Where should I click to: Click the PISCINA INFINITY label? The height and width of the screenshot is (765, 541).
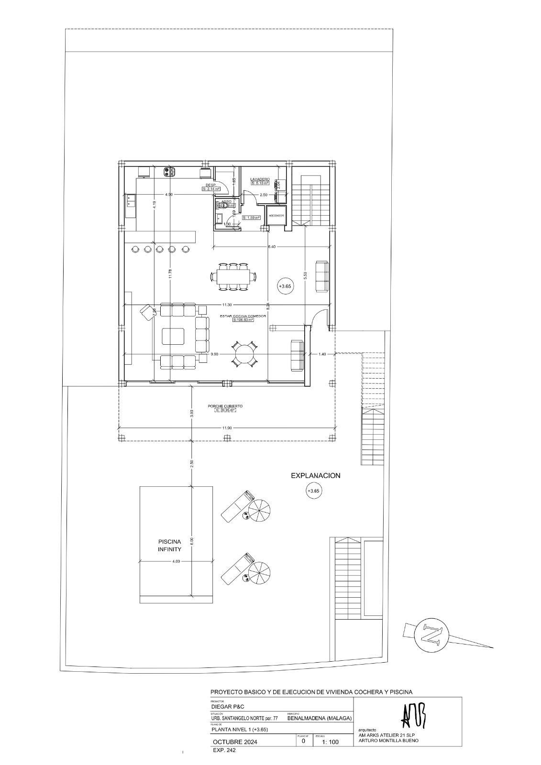tap(169, 546)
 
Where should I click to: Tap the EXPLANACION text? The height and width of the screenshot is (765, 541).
tap(316, 476)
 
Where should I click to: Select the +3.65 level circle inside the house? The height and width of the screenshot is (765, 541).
tap(285, 286)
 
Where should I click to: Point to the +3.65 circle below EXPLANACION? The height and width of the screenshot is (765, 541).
tap(313, 491)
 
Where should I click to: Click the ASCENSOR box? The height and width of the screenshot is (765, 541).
tap(276, 216)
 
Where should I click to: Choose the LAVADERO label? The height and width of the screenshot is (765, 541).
tap(260, 179)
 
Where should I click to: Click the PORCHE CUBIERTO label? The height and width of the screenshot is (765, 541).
tap(225, 406)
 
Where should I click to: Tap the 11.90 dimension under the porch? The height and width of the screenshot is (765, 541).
tap(227, 427)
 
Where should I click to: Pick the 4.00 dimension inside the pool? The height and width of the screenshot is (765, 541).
tap(176, 561)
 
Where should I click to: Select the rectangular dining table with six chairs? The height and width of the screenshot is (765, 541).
tap(233, 276)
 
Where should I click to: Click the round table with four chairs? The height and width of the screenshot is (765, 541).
tap(244, 354)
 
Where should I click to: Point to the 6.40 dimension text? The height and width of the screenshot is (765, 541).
tap(272, 247)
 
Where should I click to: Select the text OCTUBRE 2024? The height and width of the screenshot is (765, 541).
tap(235, 742)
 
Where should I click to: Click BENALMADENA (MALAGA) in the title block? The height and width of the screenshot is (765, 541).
tap(320, 718)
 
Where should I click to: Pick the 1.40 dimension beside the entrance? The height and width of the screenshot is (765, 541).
tap(322, 354)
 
